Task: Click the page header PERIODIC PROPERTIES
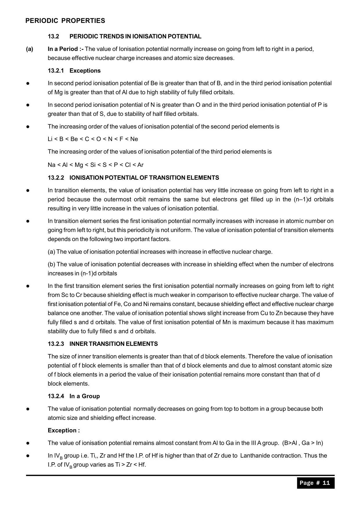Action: coord(65,21)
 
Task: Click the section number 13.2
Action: coord(53,37)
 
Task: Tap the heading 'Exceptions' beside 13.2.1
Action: coord(85,71)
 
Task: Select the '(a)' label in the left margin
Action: coord(29,49)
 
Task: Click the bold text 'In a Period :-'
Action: coord(66,49)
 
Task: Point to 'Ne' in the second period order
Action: coord(134,139)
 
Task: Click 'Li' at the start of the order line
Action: coord(50,139)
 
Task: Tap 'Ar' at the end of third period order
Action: coord(140,165)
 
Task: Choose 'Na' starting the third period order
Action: coord(51,165)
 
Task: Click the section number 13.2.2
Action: coord(56,178)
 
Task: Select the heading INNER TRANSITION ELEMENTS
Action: coord(114,344)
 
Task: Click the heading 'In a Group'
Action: coord(84,396)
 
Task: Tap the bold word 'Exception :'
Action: coord(64,431)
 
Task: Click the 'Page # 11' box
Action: coord(315,483)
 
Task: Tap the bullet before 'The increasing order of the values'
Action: coord(28,127)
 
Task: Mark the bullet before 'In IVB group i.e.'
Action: coord(28,456)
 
